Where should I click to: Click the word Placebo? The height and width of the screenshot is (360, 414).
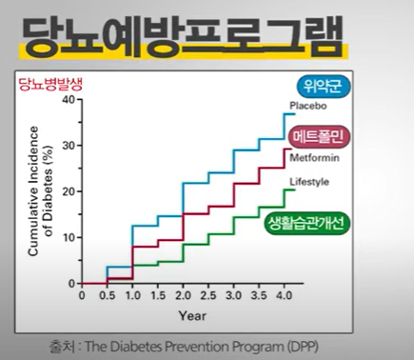tap(307, 106)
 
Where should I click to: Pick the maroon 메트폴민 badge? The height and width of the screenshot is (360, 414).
tap(322, 136)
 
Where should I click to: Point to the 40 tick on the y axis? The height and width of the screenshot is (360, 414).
tap(66, 101)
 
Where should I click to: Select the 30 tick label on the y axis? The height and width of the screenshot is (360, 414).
tap(66, 147)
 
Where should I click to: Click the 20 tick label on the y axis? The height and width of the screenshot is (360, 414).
tap(66, 192)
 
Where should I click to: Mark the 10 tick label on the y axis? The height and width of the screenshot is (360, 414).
tap(66, 238)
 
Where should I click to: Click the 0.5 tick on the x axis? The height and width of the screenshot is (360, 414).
tap(107, 295)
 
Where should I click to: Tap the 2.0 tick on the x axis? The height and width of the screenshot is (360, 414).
tap(182, 295)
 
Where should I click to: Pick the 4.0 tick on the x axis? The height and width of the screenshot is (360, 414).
tap(283, 295)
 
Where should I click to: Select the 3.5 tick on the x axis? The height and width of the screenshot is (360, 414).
tap(257, 295)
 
